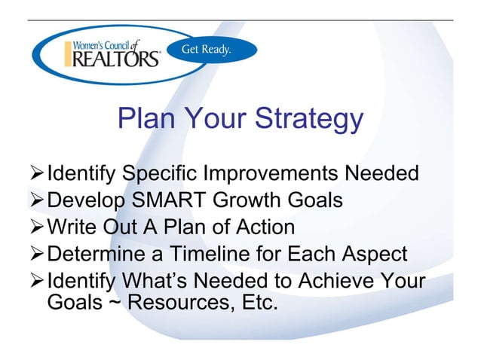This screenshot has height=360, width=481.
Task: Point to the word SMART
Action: pos(173,201)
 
